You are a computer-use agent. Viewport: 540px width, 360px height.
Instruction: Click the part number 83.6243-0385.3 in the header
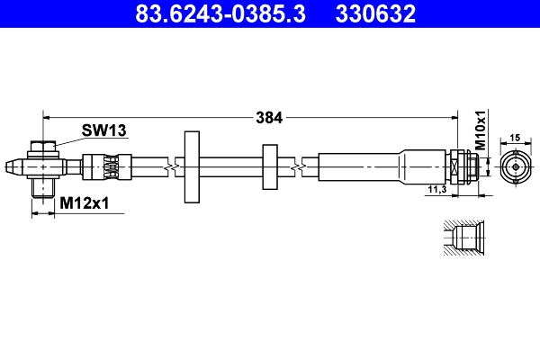220,13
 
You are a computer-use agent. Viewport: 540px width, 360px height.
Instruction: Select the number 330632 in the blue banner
375,13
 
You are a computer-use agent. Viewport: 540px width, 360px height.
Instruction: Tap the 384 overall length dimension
269,118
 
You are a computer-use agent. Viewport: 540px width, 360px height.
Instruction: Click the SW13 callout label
104,130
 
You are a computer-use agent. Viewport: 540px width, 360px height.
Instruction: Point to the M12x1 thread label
85,203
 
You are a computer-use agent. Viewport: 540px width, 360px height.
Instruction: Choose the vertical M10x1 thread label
481,130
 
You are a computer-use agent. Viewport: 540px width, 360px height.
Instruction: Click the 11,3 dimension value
437,189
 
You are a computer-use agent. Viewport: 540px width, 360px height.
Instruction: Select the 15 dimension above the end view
515,138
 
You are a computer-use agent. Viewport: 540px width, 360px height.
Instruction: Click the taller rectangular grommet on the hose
192,167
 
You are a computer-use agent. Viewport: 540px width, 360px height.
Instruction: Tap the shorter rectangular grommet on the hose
270,167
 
